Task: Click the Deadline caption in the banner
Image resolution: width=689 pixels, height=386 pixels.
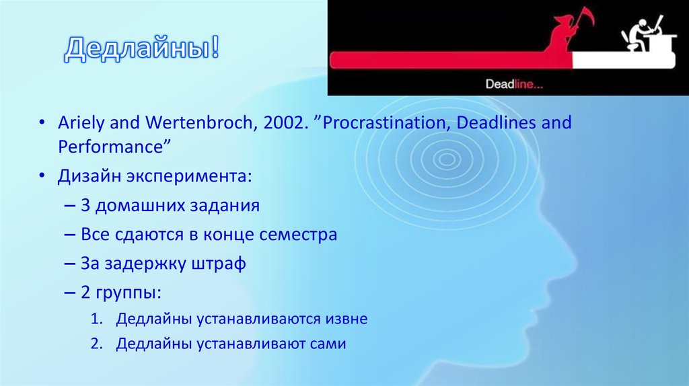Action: tap(515, 85)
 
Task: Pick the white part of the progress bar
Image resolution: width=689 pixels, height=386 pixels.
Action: tap(622, 61)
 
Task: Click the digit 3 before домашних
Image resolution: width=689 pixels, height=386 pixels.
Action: tap(85, 205)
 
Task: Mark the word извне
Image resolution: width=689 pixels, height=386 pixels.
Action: tap(345, 319)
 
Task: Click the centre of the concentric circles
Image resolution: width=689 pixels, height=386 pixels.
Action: tap(445, 159)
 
